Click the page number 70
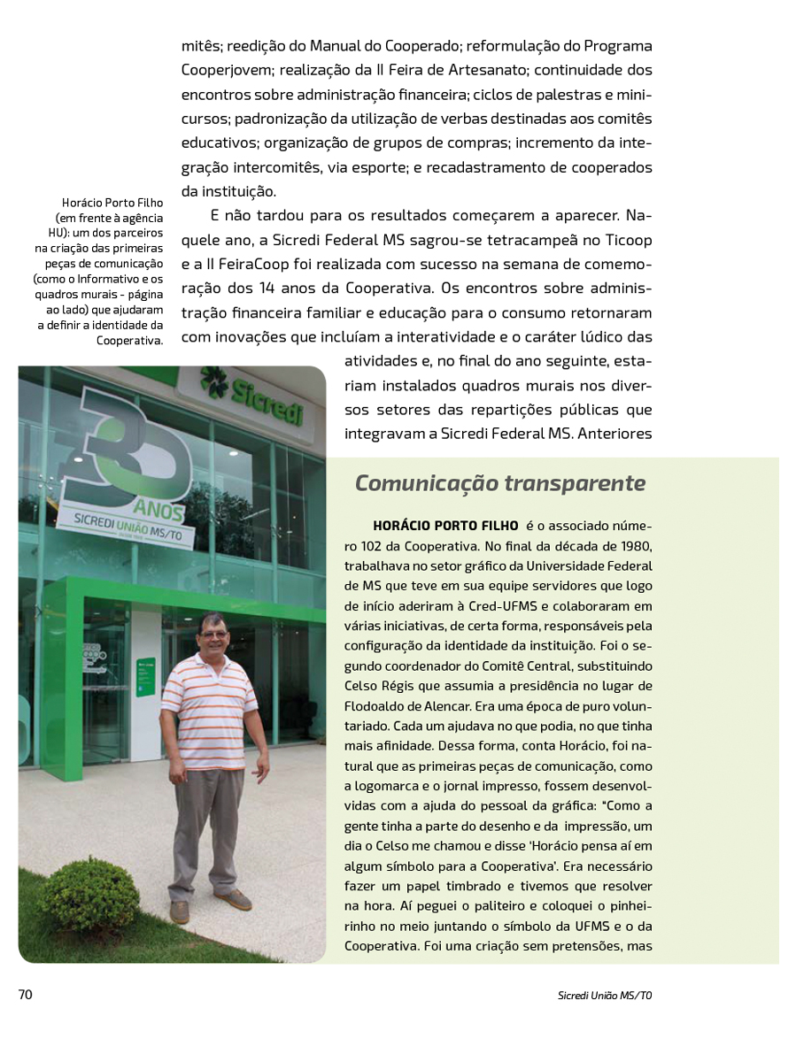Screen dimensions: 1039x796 pos(26,994)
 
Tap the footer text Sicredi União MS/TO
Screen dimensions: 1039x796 pos(605,995)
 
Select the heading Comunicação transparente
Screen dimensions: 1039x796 pos(500,483)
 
